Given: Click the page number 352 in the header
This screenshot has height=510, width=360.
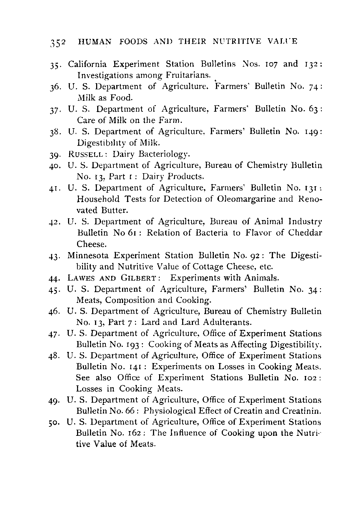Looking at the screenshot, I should [x=57, y=42].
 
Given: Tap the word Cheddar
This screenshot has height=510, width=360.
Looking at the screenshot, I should [x=305, y=233].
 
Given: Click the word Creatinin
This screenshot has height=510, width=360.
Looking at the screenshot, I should [x=300, y=411].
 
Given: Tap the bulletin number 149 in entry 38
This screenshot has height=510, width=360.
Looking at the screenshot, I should [x=310, y=132].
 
